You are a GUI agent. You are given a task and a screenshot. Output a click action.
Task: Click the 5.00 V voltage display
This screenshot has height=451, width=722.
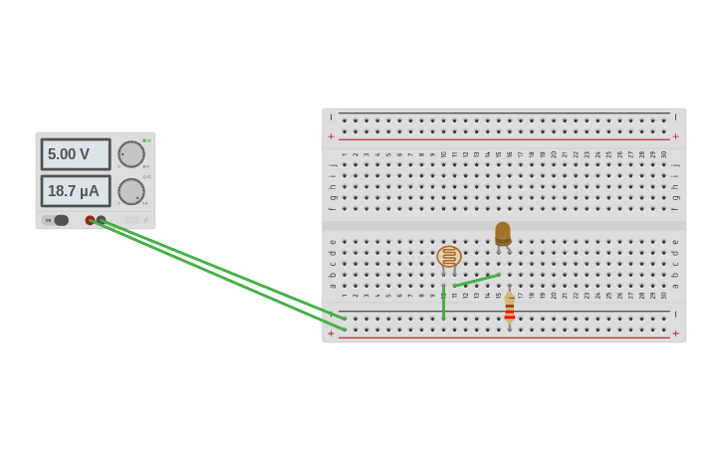pyautogui.click(x=76, y=154)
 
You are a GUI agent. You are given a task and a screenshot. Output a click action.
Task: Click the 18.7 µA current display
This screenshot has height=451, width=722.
pyautogui.click(x=76, y=191)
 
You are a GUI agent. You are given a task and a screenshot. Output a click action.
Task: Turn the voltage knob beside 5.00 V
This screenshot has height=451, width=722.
pyautogui.click(x=130, y=154)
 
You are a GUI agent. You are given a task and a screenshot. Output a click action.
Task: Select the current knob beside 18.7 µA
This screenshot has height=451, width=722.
pyautogui.click(x=130, y=191)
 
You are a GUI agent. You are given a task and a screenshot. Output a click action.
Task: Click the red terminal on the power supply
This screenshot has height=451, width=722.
pyautogui.click(x=90, y=220)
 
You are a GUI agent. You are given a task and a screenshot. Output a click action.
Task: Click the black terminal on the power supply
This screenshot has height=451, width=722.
pyautogui.click(x=101, y=220)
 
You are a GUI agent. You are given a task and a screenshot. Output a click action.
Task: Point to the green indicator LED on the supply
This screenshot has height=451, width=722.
pyautogui.click(x=144, y=140)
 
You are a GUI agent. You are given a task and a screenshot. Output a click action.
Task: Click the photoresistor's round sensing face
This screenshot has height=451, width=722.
pyautogui.click(x=449, y=257)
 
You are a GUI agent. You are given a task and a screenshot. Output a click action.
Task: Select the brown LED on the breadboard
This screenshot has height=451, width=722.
pyautogui.click(x=503, y=233)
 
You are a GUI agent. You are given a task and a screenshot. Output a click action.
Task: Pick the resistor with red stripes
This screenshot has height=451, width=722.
pyautogui.click(x=509, y=309)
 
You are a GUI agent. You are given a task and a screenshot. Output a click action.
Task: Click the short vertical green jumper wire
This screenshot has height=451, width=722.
pyautogui.click(x=443, y=302)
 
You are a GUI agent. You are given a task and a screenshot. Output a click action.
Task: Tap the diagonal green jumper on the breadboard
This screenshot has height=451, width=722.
pyautogui.click(x=476, y=281)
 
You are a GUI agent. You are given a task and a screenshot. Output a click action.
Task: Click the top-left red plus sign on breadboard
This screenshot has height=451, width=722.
pyautogui.click(x=332, y=136)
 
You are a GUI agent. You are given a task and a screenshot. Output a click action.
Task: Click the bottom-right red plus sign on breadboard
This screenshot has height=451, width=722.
pyautogui.click(x=676, y=334)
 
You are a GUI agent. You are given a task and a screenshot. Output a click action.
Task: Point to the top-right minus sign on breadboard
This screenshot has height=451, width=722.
pyautogui.click(x=676, y=117)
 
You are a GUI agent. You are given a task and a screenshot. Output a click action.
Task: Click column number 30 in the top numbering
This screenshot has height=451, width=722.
pyautogui.click(x=664, y=154)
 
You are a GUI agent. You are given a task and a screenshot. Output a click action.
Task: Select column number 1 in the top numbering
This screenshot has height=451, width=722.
pyautogui.click(x=344, y=154)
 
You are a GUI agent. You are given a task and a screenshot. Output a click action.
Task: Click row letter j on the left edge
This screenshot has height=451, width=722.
pyautogui.click(x=332, y=164)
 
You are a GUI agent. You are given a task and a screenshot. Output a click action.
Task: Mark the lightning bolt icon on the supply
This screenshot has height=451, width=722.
pyautogui.click(x=145, y=220)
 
